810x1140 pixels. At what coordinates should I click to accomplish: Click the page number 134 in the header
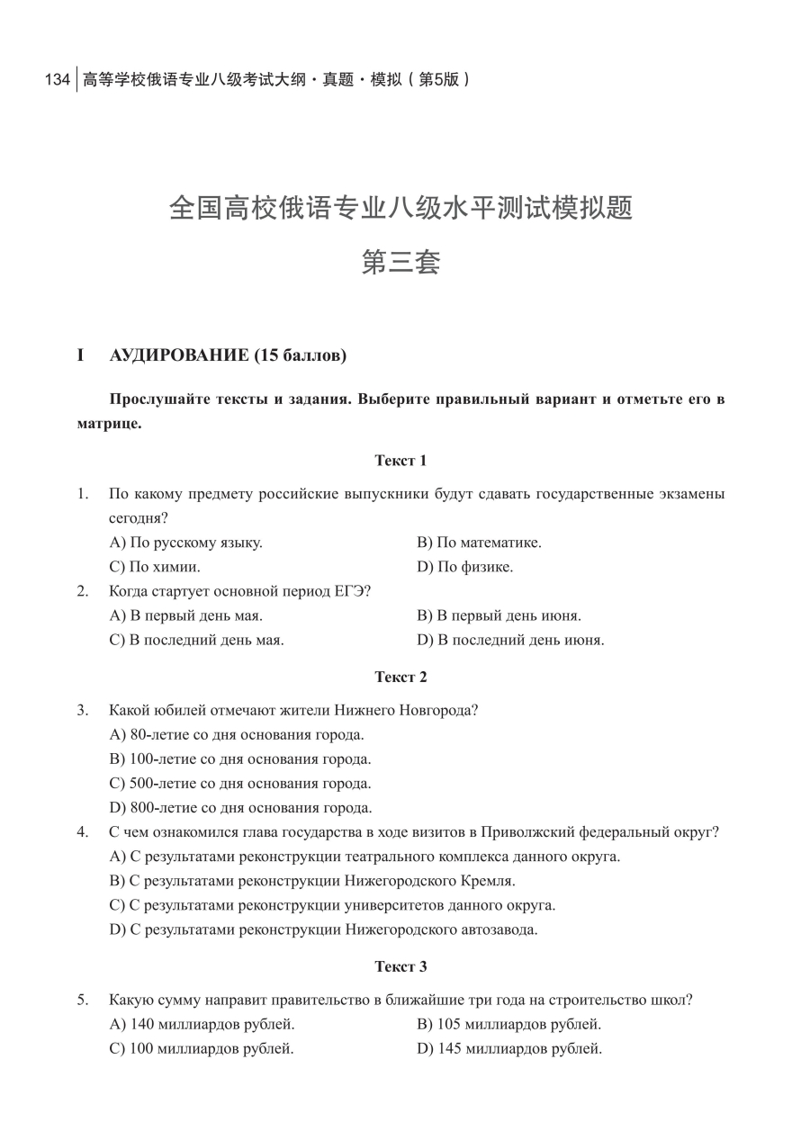[x=57, y=79]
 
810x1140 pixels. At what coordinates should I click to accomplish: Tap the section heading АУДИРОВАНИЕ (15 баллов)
[x=227, y=355]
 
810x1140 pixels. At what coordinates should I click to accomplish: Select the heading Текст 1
[x=400, y=461]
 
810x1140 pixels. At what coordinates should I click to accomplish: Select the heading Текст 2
[x=400, y=677]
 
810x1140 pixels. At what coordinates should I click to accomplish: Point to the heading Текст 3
[x=400, y=966]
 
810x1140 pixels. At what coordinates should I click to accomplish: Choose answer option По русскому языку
[x=185, y=543]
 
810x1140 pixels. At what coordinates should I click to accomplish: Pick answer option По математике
[x=479, y=543]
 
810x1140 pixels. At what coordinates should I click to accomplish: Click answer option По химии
[x=155, y=567]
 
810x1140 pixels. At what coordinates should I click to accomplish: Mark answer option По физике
[x=464, y=567]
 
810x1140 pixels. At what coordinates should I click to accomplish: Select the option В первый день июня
[x=499, y=615]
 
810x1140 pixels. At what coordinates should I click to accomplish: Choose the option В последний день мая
[x=196, y=640]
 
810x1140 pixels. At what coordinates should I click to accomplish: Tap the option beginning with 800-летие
[x=240, y=807]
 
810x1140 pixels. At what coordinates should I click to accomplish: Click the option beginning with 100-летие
[x=240, y=759]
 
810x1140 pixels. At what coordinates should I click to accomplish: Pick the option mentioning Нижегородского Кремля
[x=312, y=880]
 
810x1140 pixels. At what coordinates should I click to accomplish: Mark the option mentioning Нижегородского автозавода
[x=323, y=929]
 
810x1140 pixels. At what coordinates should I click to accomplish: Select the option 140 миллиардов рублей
[x=202, y=1024]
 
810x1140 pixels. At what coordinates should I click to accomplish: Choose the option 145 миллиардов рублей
[x=509, y=1048]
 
